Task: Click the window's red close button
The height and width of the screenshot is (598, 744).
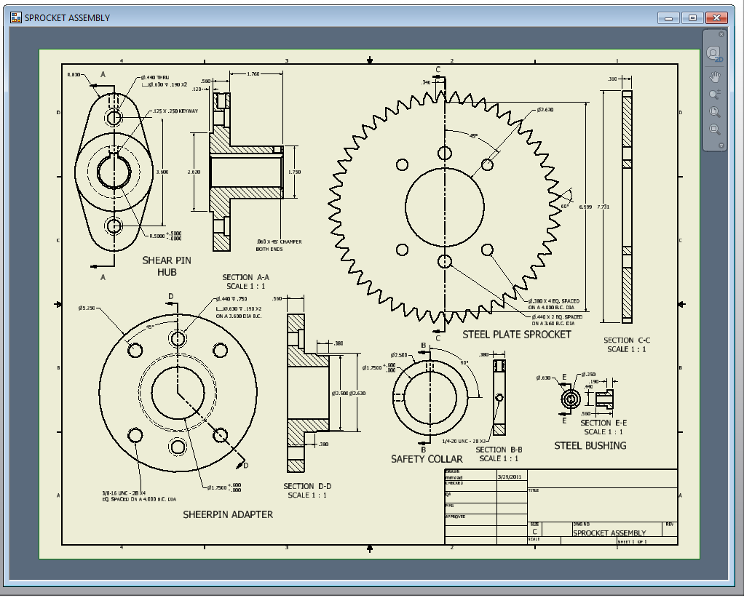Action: (x=717, y=17)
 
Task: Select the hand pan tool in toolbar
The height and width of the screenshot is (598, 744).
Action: (x=715, y=76)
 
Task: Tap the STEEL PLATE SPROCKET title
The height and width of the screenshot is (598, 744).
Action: (x=517, y=335)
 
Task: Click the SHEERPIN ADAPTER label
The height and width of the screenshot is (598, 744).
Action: (x=228, y=514)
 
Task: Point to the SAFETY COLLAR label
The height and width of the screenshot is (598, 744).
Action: (x=427, y=459)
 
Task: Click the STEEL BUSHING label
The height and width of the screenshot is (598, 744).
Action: (x=590, y=445)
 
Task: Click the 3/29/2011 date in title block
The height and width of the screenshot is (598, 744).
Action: (x=510, y=477)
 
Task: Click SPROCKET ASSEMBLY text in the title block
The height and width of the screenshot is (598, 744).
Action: (x=609, y=533)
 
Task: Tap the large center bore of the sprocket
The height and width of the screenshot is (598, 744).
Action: (x=444, y=207)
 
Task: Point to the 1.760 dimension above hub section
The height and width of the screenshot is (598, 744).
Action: (x=254, y=74)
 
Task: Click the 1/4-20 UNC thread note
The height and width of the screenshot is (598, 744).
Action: (x=464, y=441)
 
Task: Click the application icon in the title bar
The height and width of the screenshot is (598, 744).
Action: (x=15, y=17)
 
